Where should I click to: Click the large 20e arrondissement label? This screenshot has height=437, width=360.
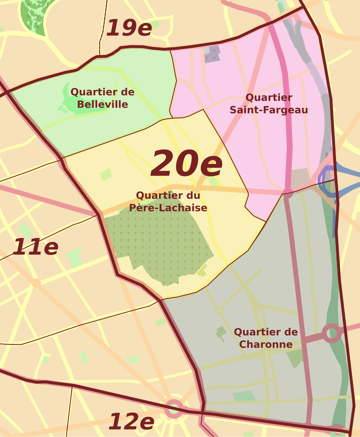[187, 164]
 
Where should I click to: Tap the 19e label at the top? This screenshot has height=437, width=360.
[129, 28]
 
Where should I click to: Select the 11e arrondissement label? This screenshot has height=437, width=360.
[35, 247]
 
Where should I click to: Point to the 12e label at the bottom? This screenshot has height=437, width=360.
[131, 422]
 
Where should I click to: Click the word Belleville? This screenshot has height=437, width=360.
[103, 105]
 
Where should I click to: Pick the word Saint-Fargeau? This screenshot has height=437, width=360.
[269, 110]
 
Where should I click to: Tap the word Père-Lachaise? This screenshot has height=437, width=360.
[168, 208]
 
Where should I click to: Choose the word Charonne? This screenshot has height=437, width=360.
[266, 344]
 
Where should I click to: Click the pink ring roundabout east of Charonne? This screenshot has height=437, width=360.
[332, 333]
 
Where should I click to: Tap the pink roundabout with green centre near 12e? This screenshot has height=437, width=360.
[174, 409]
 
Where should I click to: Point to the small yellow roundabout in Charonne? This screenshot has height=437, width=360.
[219, 310]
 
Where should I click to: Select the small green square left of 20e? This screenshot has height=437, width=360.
[106, 174]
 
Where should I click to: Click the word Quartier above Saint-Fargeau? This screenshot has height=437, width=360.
[269, 97]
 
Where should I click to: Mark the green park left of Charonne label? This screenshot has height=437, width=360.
[221, 332]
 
